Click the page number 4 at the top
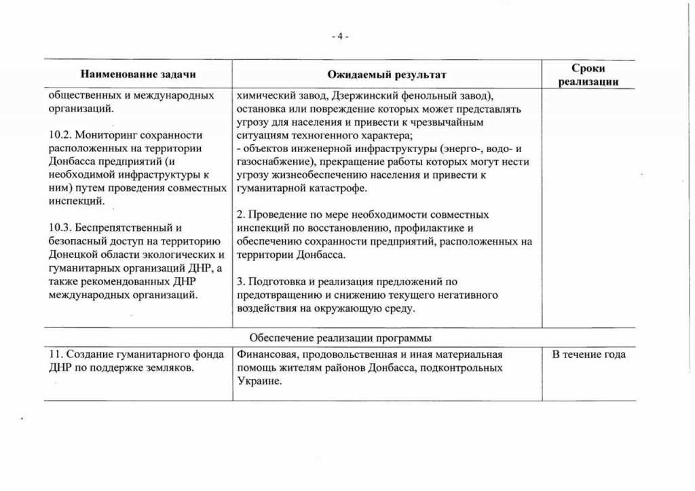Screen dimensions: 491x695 339,37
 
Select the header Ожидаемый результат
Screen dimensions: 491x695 386,74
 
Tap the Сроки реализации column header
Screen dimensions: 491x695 588,75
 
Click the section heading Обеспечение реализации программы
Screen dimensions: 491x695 340,338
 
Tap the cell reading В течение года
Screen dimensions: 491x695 588,354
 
